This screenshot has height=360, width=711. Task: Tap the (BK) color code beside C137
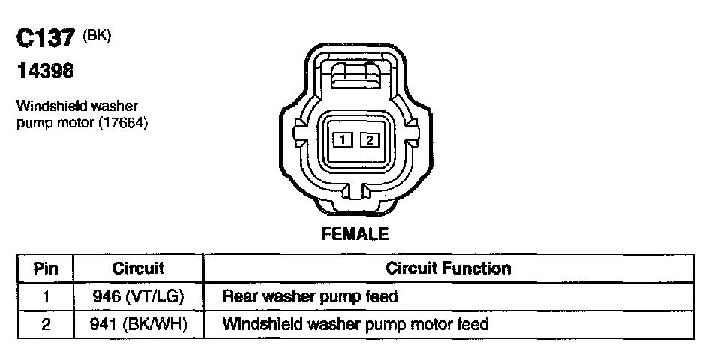click(97, 34)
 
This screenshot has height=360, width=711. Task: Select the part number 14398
click(45, 73)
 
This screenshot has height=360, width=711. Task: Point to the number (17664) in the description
click(123, 123)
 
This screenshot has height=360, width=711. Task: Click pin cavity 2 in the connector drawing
click(369, 139)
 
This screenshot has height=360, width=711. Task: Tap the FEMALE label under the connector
click(355, 234)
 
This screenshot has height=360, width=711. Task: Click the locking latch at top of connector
click(355, 76)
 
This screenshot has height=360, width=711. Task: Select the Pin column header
click(46, 268)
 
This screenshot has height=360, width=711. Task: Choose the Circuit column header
click(138, 268)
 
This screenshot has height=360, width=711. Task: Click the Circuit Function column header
click(448, 268)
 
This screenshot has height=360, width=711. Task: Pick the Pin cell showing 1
click(46, 296)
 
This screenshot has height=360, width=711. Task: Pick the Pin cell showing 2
click(46, 325)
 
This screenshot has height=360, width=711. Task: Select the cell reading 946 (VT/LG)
click(138, 296)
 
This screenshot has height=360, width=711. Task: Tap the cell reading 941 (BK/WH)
click(138, 325)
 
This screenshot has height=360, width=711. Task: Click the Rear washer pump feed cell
click(310, 296)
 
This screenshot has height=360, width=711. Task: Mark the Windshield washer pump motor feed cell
click(355, 325)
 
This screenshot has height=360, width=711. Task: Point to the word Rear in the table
click(238, 296)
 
